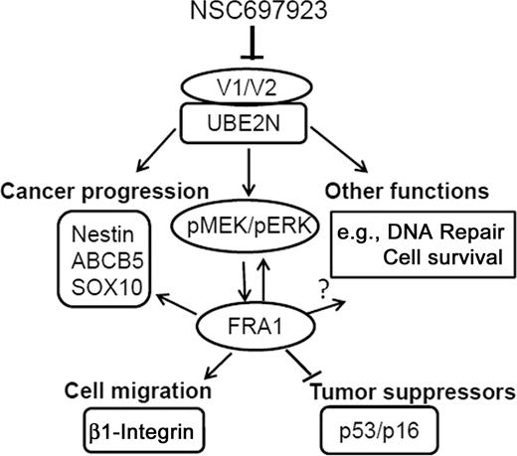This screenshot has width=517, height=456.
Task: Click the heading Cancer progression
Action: pos(103,190)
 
